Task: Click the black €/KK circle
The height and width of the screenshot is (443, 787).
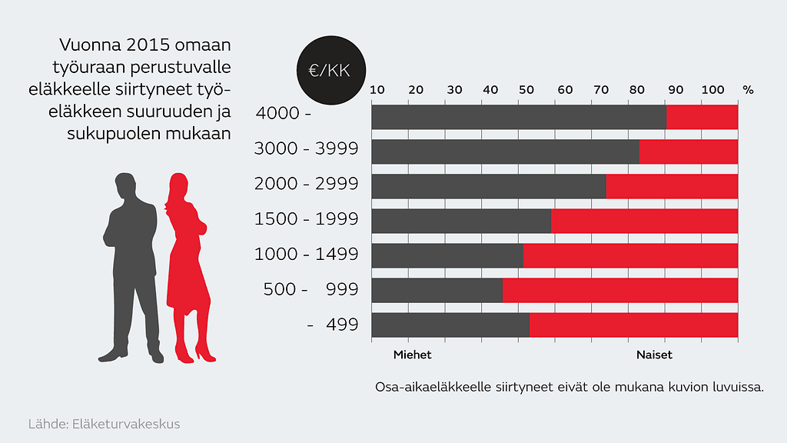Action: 329,70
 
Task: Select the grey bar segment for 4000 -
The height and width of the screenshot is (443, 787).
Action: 519,117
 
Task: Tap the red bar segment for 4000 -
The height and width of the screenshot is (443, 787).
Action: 702,117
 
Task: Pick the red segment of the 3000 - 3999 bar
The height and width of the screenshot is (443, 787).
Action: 688,152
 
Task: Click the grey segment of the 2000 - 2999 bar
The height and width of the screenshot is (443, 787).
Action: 489,186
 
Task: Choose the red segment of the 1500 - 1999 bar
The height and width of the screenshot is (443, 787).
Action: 644,221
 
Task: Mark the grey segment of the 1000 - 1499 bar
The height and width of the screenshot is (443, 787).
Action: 447,255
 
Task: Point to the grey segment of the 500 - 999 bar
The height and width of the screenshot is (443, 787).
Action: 437,290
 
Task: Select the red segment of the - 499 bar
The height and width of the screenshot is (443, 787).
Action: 633,325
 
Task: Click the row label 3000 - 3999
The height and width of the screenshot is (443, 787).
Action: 306,148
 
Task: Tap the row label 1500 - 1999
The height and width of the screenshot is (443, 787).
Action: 306,219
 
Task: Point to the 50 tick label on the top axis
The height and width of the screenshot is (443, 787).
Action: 526,90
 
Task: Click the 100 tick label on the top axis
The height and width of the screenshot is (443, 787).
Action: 712,90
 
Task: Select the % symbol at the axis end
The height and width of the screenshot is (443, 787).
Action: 748,90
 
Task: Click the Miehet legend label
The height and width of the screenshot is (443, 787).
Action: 413,355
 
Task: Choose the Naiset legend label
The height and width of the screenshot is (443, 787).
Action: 654,355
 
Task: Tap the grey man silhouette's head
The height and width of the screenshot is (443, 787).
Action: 126,186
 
